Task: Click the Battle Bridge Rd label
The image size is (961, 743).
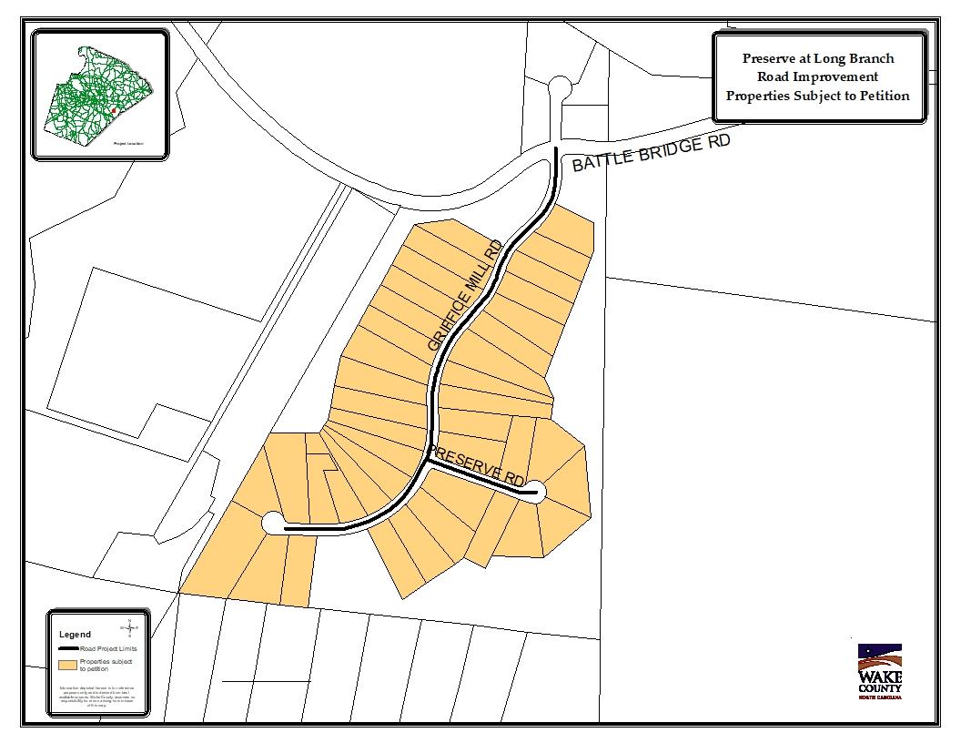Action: tap(651, 156)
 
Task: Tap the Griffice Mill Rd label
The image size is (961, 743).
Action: tap(465, 296)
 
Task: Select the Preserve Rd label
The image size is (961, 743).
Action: tap(479, 465)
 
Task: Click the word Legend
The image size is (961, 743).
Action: tap(75, 634)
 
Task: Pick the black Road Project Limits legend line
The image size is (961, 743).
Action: tap(68, 647)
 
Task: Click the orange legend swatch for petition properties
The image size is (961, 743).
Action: tap(68, 665)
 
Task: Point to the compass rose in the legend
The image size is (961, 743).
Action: tap(130, 627)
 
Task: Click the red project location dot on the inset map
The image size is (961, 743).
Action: tap(113, 110)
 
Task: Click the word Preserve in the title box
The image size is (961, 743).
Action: tap(767, 58)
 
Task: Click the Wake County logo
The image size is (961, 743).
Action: tap(879, 672)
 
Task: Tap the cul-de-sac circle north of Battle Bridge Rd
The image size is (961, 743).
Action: tap(560, 87)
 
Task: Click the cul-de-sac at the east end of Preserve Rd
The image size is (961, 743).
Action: tap(535, 493)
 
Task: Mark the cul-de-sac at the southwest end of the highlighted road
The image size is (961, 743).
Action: tap(272, 524)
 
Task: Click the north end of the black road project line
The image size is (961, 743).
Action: tap(556, 148)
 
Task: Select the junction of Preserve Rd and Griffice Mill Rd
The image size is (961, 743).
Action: tap(428, 462)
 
